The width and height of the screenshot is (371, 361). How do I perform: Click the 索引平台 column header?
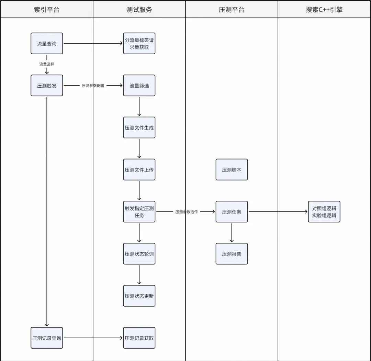[47, 10]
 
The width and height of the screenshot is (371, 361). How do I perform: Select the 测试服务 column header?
[139, 10]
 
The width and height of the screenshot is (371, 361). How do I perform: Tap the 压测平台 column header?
[232, 10]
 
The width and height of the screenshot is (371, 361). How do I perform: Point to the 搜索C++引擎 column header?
[324, 10]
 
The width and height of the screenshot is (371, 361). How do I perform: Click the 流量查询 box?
[47, 44]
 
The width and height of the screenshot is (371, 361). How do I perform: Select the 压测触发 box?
[47, 86]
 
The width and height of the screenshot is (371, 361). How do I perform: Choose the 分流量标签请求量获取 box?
[139, 44]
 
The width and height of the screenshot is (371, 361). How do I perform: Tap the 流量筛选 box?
[139, 86]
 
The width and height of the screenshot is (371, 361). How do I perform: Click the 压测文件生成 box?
[139, 128]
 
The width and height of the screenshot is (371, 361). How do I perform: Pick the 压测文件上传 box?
[139, 169]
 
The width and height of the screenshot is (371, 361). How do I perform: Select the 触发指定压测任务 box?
[139, 212]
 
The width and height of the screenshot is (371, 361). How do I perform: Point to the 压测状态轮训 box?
[139, 254]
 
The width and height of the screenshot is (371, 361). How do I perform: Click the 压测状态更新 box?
[139, 296]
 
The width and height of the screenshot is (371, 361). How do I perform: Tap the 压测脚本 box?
[232, 169]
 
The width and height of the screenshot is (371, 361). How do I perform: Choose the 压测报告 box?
[232, 254]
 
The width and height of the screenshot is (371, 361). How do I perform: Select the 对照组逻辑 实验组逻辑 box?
[324, 212]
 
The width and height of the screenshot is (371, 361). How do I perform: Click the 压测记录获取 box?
[139, 338]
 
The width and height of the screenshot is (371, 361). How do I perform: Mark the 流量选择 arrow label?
[47, 64]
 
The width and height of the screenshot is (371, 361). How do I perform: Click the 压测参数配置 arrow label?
[93, 86]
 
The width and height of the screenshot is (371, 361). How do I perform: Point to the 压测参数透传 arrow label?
[186, 212]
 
